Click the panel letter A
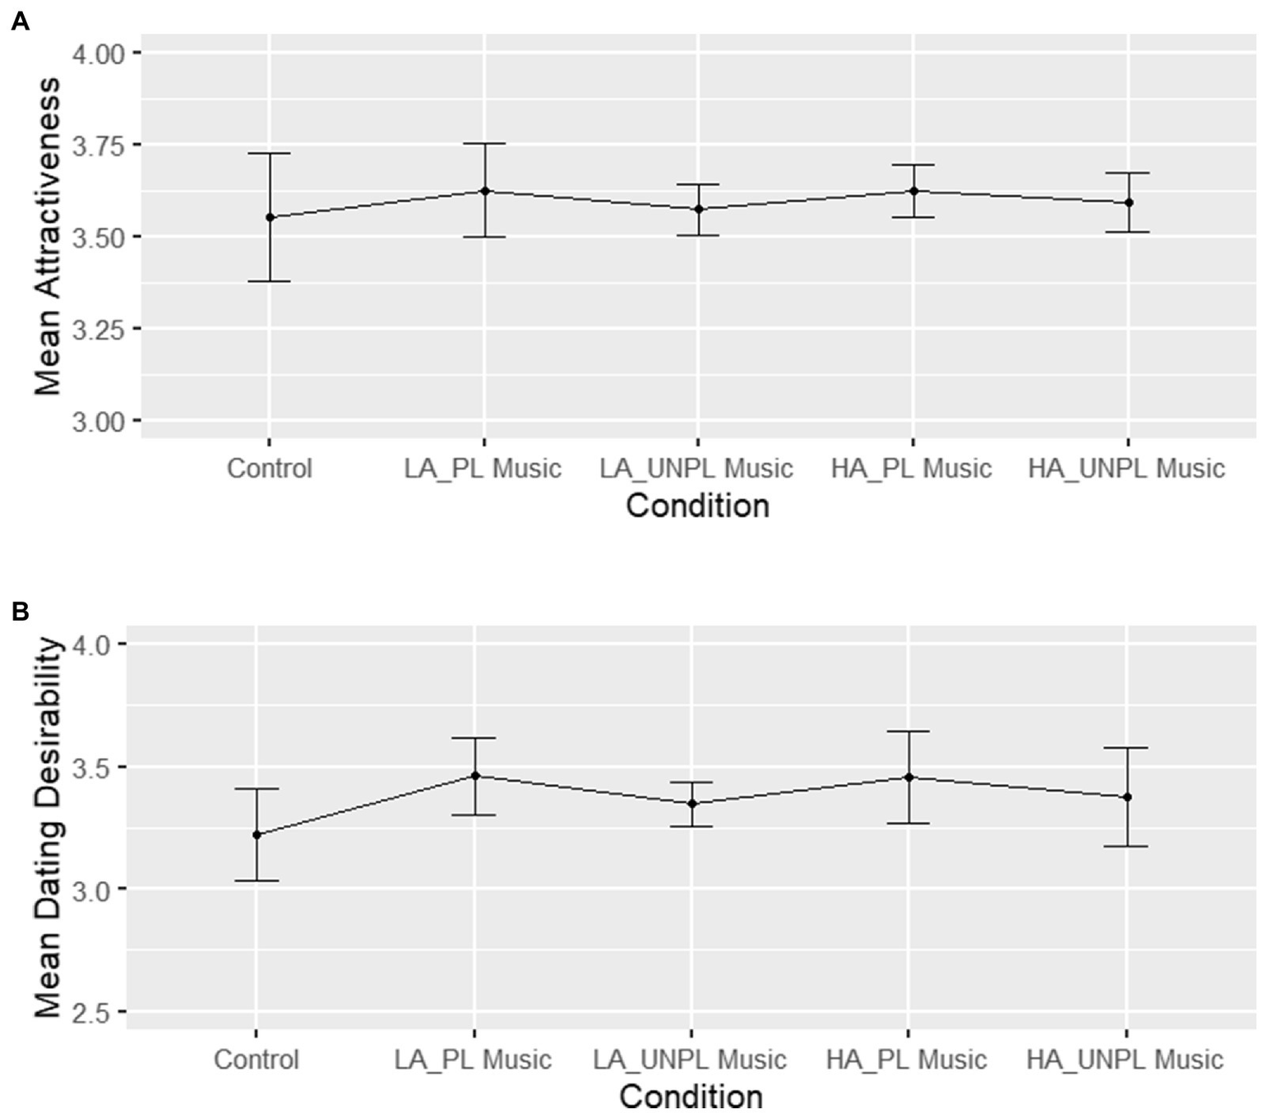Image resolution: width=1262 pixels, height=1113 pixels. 20,21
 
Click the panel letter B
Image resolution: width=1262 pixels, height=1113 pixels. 20,612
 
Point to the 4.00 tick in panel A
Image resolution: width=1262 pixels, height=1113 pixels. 98,54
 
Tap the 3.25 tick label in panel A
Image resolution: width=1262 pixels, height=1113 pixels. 98,330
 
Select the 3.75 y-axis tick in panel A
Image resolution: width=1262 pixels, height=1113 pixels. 98,145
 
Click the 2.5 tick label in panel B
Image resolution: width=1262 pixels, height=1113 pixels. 91,1013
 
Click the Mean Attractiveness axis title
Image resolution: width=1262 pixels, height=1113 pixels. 48,237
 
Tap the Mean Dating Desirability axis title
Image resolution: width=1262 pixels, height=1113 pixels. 48,827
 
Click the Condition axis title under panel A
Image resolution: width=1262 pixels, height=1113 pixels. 697,506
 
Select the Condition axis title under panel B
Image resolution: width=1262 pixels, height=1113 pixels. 691,1096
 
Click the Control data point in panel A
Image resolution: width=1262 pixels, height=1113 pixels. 270,217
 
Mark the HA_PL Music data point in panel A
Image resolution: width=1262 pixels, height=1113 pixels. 913,191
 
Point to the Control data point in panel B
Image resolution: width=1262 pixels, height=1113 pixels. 257,834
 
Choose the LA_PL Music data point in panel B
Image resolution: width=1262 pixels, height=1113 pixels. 474,775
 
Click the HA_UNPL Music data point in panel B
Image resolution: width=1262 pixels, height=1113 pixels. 1127,797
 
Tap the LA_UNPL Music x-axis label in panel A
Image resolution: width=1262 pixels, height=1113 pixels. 696,469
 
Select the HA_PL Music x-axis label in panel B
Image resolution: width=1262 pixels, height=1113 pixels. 906,1060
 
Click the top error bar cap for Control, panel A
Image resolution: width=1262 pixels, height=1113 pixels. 270,153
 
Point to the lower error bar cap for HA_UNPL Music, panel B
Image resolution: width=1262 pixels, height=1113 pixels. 1127,846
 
